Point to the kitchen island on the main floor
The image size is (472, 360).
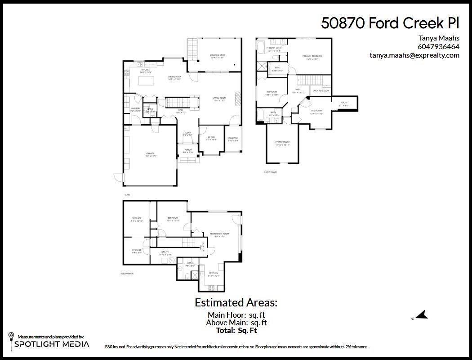[146, 81]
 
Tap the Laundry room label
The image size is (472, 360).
[135, 109]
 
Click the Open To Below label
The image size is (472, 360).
[321, 91]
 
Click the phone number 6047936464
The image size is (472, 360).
[438, 46]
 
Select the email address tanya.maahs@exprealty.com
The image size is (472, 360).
[414, 55]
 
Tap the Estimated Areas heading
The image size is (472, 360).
[236, 302]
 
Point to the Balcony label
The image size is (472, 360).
[233, 139]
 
